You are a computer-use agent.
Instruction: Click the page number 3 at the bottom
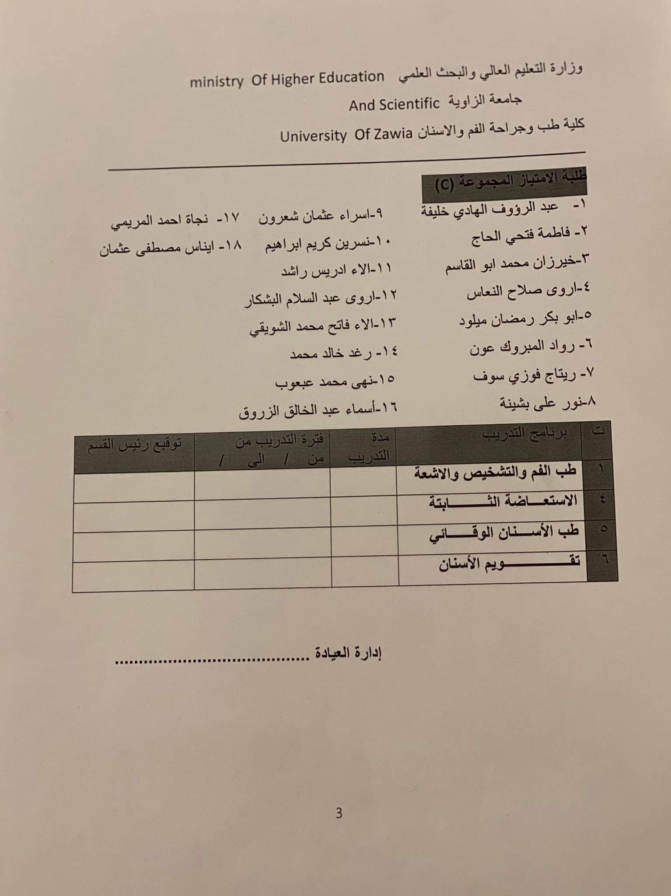click(x=339, y=813)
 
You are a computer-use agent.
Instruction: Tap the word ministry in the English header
click(x=217, y=81)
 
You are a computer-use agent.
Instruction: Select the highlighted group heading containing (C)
click(x=503, y=182)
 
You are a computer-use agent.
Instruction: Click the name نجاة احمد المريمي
click(x=175, y=220)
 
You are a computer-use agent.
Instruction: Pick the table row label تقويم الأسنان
click(x=510, y=563)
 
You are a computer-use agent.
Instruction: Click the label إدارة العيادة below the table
click(x=348, y=653)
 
